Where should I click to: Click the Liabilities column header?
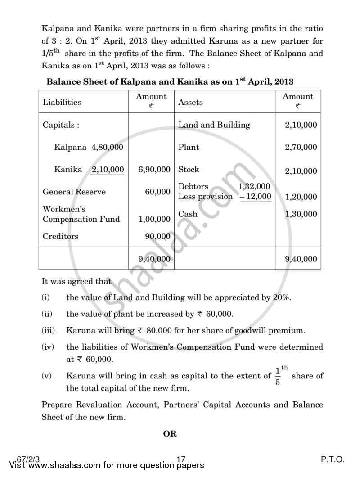click(x=62, y=102)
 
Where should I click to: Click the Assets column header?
click(x=191, y=102)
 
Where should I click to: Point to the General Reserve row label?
click(x=74, y=192)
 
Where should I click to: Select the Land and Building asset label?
click(x=214, y=125)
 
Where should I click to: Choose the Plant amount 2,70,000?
click(x=301, y=147)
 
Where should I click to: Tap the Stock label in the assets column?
click(x=189, y=170)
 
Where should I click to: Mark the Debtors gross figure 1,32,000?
click(x=254, y=186)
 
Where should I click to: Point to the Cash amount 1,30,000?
click(x=301, y=214)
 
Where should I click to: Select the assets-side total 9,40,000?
click(x=301, y=259)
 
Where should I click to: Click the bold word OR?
click(x=170, y=434)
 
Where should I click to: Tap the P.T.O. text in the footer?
click(x=333, y=459)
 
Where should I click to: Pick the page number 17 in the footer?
click(x=181, y=459)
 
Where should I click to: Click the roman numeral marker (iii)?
click(x=48, y=330)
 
